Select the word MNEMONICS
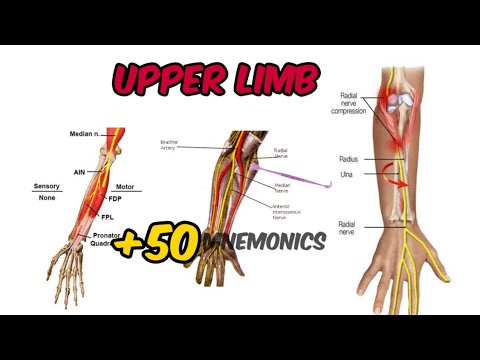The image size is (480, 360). coord(263,241)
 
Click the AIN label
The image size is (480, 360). coord(79,171)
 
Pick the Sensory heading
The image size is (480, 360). coord(47,186)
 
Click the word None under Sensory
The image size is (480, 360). coord(47,198)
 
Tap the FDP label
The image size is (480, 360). coord(116,198)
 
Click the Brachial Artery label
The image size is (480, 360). coord(169,145)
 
